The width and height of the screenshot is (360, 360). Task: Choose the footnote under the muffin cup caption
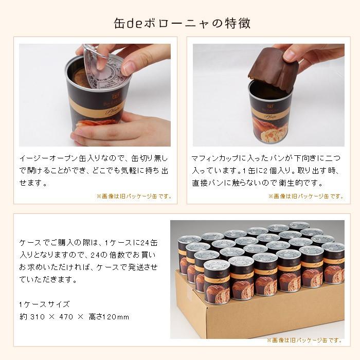tap(305, 196)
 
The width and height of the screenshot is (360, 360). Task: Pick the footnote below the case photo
tap(304, 340)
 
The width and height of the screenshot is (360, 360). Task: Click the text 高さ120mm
tap(112, 316)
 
